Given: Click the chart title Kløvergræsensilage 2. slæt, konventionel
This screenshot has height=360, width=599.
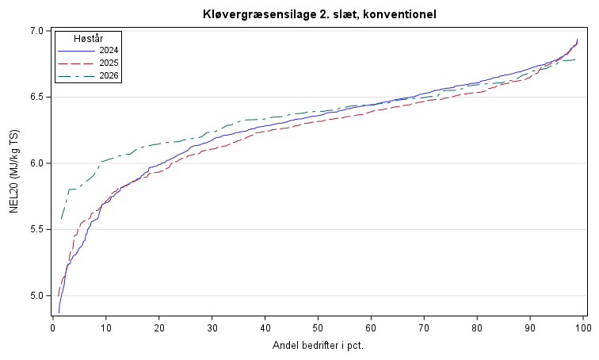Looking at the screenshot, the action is [x=319, y=14].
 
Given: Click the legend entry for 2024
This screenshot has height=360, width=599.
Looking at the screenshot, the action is [x=88, y=51].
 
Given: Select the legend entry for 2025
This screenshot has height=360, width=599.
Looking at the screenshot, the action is [x=88, y=63].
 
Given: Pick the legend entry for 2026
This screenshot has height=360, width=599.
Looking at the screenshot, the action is [x=88, y=75].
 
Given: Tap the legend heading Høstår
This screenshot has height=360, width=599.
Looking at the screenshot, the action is [x=88, y=38].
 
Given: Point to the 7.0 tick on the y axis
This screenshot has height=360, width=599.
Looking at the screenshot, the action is [x=37, y=31].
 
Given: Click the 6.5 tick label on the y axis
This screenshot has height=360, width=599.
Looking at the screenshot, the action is [x=37, y=97].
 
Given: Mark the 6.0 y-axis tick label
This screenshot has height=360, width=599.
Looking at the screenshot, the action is [x=37, y=163].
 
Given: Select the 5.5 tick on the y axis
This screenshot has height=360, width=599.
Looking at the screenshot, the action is [x=37, y=229].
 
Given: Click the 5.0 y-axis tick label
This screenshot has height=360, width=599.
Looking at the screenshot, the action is [x=37, y=296].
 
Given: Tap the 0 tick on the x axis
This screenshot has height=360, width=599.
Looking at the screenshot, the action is [x=53, y=328].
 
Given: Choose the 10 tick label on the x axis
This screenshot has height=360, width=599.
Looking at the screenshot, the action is [x=106, y=328].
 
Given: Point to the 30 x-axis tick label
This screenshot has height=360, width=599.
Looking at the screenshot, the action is [x=212, y=328].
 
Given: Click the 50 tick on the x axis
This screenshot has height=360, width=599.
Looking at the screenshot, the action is [x=318, y=328].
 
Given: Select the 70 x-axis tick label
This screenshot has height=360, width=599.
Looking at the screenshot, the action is [x=424, y=328].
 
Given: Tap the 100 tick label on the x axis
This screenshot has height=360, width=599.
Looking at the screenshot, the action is [x=583, y=328].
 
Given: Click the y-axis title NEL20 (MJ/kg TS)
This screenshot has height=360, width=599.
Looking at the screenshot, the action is [x=14, y=171].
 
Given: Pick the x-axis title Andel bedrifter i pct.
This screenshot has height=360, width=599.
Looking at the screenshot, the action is [x=318, y=346].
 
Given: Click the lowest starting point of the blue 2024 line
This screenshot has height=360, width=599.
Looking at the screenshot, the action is [x=59, y=312].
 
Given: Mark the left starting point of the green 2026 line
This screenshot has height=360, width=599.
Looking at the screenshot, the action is [x=61, y=220].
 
